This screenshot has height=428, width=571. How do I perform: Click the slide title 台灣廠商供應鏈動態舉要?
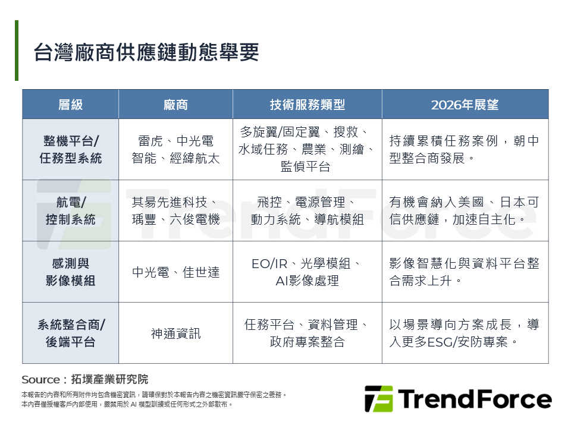click(146, 53)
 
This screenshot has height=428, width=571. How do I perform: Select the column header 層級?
click(70, 105)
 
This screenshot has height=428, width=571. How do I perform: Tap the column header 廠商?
click(175, 105)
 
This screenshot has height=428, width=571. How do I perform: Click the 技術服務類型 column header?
click(307, 105)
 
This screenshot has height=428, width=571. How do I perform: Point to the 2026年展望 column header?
click(465, 105)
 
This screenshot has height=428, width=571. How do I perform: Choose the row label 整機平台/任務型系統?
click(70, 149)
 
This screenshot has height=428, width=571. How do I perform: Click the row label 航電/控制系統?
click(70, 210)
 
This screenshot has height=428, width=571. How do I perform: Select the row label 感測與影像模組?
click(70, 272)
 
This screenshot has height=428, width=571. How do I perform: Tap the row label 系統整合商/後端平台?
click(70, 333)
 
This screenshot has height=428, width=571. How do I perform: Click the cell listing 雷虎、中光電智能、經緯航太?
click(175, 149)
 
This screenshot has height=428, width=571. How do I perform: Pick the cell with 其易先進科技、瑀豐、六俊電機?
click(175, 210)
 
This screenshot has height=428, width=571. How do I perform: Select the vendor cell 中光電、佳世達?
click(175, 272)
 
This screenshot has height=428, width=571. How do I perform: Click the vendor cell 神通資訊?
click(175, 333)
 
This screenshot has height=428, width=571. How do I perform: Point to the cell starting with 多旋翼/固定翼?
click(307, 149)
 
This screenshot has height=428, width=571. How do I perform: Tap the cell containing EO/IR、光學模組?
click(307, 272)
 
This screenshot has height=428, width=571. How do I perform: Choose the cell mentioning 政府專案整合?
click(307, 333)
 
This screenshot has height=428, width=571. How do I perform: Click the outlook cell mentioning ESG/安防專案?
click(465, 333)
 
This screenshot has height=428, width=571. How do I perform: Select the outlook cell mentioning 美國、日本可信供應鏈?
click(465, 210)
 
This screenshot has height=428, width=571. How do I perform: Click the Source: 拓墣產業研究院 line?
click(84, 379)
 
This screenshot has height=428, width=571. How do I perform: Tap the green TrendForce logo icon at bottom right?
click(378, 398)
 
